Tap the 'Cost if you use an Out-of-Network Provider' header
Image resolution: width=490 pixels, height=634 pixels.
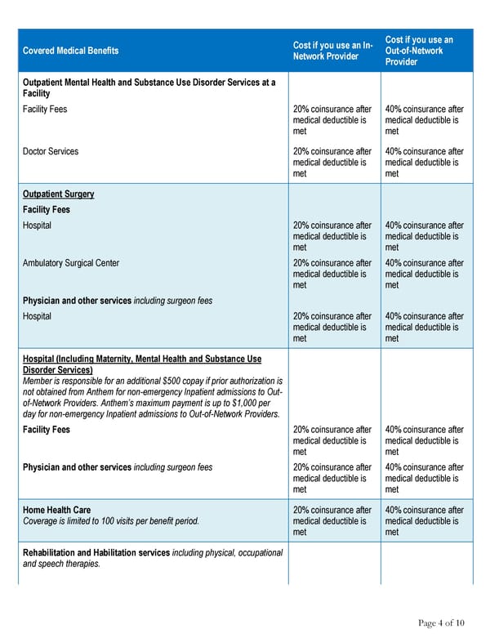pos(419,51)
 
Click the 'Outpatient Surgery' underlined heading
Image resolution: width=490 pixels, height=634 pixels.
pos(58,194)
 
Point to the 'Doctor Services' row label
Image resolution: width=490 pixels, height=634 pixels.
pos(51,151)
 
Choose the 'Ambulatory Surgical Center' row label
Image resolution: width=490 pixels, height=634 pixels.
pos(71,263)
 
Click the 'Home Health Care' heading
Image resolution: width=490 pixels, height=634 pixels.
pos(56,510)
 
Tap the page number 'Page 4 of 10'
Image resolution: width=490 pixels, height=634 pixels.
pos(439,623)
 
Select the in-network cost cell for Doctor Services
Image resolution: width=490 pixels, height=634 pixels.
pos(332,162)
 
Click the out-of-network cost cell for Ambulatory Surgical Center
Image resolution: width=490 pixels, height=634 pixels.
pos(424,274)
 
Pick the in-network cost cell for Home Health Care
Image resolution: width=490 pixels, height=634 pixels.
pos(332,520)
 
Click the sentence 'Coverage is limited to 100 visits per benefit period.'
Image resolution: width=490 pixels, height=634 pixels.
pos(111,521)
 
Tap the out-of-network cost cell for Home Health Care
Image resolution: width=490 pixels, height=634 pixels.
pos(424,520)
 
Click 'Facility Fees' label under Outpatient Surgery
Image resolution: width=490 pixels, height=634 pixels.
pos(47,210)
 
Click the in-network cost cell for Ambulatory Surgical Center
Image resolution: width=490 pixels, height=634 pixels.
pos(332,274)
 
